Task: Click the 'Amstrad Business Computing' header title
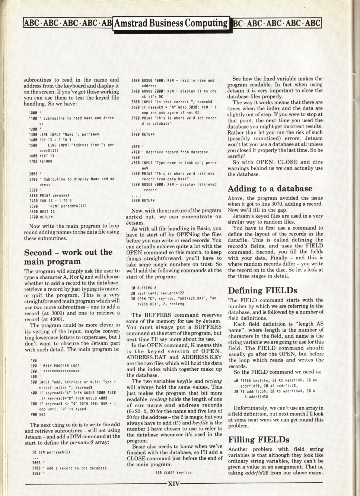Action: click(171, 23)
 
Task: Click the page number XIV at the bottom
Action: click(174, 484)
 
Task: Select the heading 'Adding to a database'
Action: click(270, 189)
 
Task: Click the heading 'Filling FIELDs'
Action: click(259, 440)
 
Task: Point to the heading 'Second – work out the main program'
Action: click(68, 257)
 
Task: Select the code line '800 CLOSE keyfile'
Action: click(173, 473)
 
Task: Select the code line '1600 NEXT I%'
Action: click(40, 156)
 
